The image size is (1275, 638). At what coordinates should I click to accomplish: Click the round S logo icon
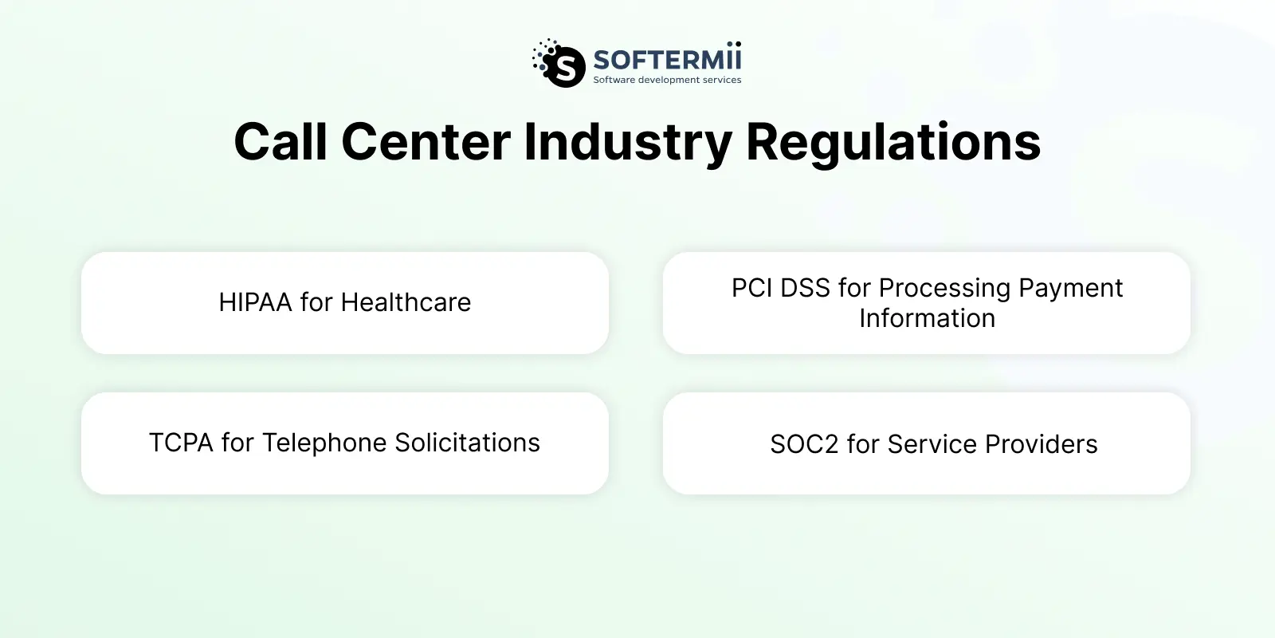coord(559,63)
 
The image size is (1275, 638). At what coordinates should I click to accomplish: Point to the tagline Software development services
coord(667,80)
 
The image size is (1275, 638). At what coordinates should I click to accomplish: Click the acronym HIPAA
coord(256,302)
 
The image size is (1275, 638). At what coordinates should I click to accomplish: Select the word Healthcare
coord(406,302)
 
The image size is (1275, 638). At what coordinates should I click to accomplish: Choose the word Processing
coord(945,289)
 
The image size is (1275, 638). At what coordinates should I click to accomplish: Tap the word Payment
coord(1071,289)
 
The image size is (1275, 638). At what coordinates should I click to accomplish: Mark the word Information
coord(928,318)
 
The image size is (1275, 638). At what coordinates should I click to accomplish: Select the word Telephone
coord(324,443)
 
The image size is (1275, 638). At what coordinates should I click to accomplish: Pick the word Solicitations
coord(467,443)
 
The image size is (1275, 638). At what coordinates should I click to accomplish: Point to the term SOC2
coord(804,444)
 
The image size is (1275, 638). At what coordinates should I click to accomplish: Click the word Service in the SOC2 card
coord(932,444)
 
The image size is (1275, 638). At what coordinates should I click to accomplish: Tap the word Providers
coord(1042,444)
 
